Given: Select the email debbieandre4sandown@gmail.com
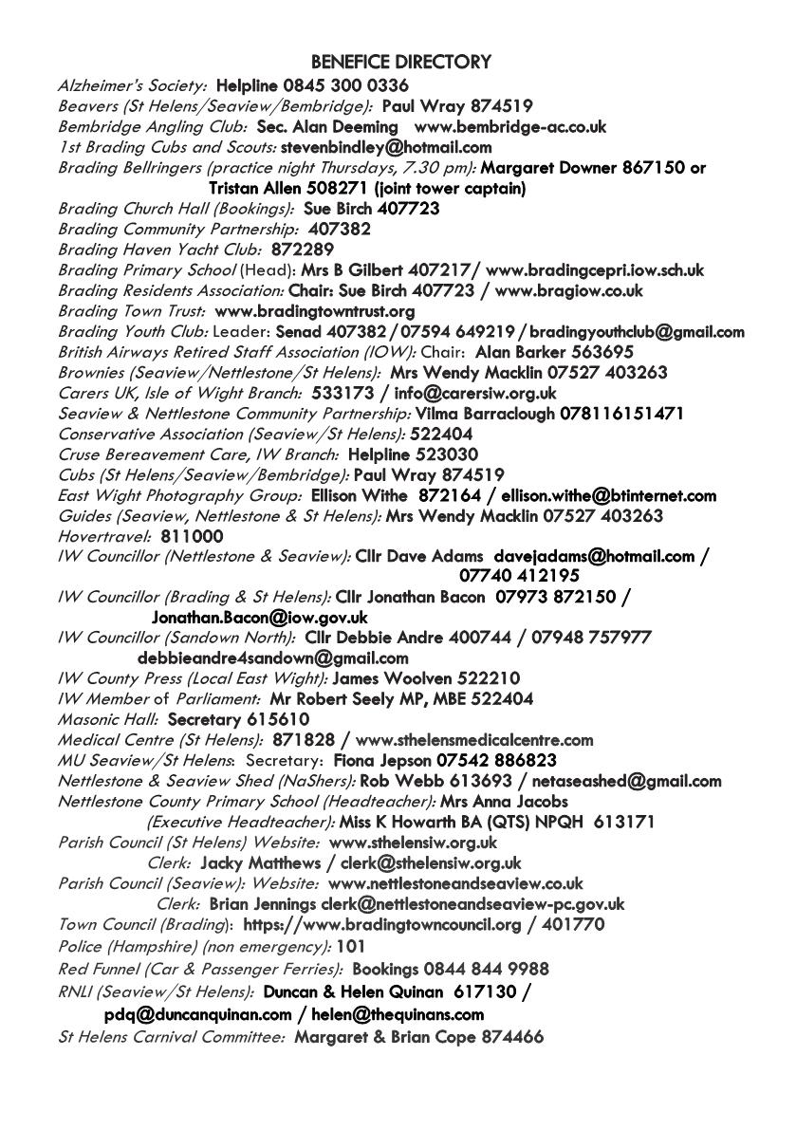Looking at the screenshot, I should point(273,658).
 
